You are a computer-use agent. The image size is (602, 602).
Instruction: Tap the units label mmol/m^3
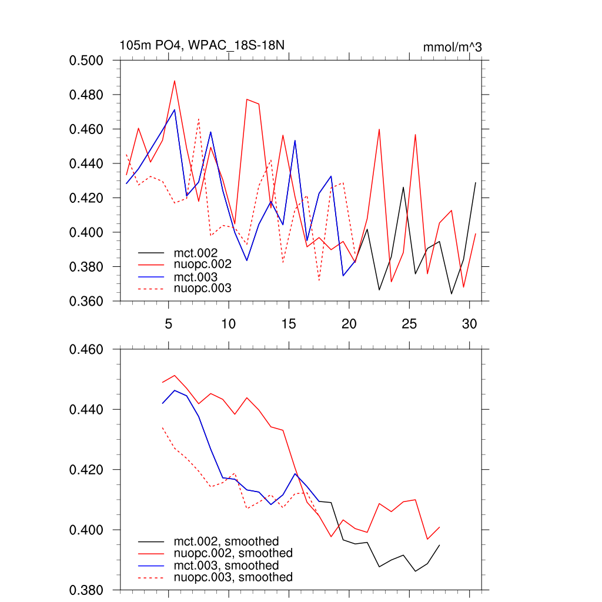[452, 47]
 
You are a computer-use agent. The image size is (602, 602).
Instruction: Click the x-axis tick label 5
[169, 324]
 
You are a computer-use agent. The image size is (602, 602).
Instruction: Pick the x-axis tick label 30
[469, 324]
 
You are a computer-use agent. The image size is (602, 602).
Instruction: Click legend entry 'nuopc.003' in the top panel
[202, 288]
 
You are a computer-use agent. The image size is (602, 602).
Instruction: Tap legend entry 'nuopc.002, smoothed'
[233, 553]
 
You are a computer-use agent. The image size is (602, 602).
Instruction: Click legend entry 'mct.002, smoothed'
[226, 541]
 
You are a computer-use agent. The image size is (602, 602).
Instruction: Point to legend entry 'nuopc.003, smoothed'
[233, 577]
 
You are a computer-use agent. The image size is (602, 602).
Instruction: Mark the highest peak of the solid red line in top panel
[175, 81]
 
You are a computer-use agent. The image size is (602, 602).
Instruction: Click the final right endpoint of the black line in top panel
[475, 183]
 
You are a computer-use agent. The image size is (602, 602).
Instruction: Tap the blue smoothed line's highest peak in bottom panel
[175, 390]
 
